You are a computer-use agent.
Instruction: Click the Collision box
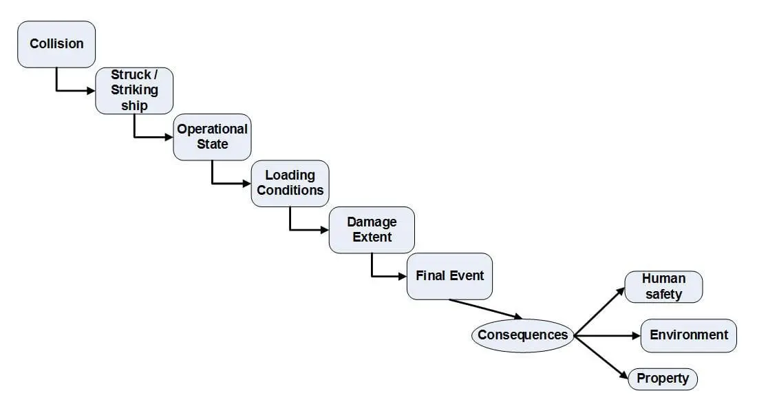(56, 44)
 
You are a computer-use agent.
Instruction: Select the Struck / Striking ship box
(134, 90)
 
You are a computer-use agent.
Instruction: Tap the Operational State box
(212, 137)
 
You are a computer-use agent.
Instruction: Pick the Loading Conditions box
(290, 183)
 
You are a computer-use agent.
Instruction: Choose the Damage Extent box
(372, 229)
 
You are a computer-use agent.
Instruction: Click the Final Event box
(449, 276)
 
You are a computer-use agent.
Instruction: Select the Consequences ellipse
(522, 335)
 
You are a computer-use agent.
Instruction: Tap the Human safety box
(663, 286)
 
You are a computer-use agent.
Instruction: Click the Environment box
(688, 335)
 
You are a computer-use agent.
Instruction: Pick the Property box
(662, 379)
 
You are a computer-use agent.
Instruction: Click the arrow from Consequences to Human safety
(599, 311)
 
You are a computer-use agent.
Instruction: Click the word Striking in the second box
(134, 90)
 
